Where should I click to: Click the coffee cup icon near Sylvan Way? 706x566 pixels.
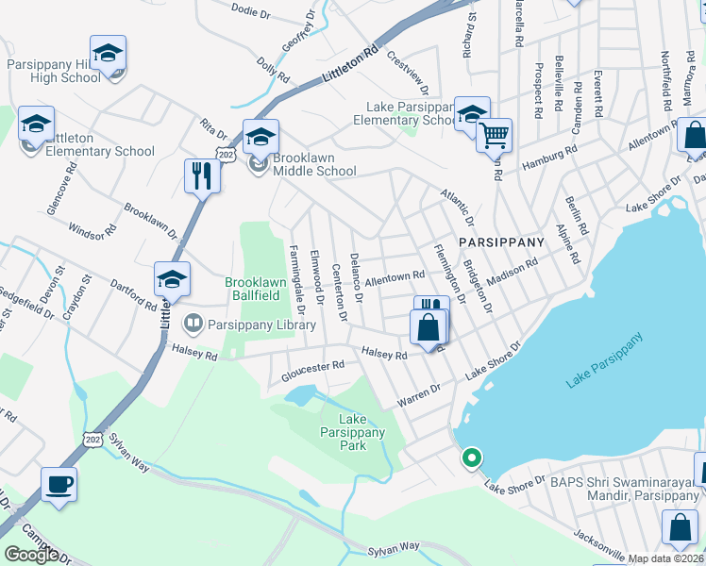click(x=59, y=486)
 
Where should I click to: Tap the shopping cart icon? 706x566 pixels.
click(x=495, y=136)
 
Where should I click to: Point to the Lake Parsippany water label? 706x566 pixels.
click(x=604, y=360)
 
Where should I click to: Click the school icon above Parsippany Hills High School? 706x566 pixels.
click(x=109, y=54)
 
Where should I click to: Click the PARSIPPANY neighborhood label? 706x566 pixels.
click(x=502, y=242)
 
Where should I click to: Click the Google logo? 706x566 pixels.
click(x=31, y=555)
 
